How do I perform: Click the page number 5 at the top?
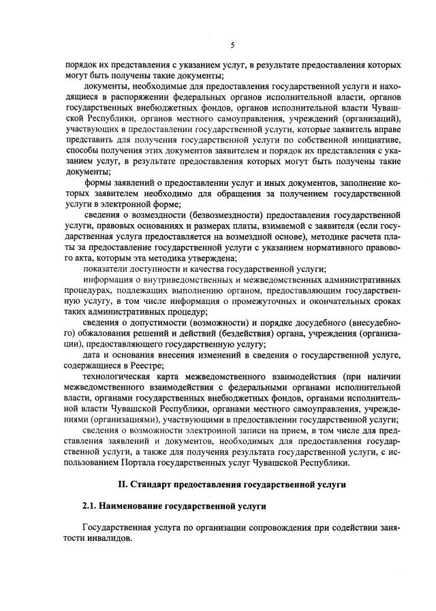pos(232,45)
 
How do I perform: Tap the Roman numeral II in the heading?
pos(123,484)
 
